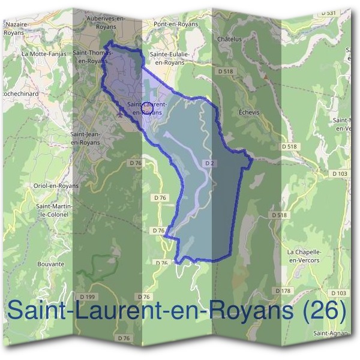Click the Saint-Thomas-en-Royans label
[89, 56]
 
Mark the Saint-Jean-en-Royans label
[85, 138]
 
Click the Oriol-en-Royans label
[56, 185]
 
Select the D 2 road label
[209, 163]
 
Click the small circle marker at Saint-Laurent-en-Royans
[144, 107]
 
